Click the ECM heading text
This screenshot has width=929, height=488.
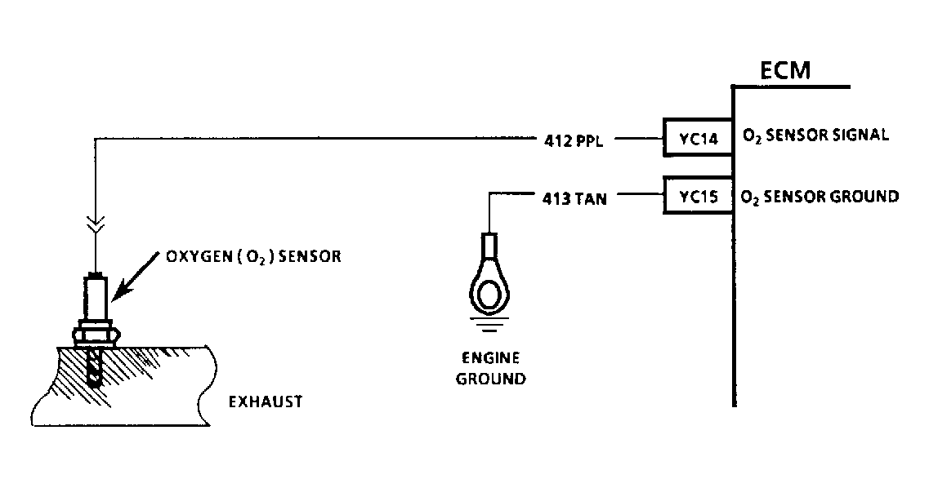coord(785,70)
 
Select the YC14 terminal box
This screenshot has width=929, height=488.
coord(698,138)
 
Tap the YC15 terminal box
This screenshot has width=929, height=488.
coord(698,195)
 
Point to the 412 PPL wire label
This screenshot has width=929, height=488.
coord(573,141)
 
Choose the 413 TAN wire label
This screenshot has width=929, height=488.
coord(574,199)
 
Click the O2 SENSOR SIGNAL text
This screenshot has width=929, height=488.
coord(815,135)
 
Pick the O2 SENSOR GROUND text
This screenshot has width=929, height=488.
coord(820,197)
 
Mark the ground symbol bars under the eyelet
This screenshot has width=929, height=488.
coord(489,324)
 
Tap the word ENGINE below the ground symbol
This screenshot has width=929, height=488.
coord(490,358)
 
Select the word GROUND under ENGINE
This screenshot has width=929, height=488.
coord(490,379)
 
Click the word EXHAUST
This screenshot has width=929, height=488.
coord(266,401)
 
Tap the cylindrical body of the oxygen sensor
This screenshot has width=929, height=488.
coord(96,298)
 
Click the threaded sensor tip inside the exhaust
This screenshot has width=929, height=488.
coord(94,366)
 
